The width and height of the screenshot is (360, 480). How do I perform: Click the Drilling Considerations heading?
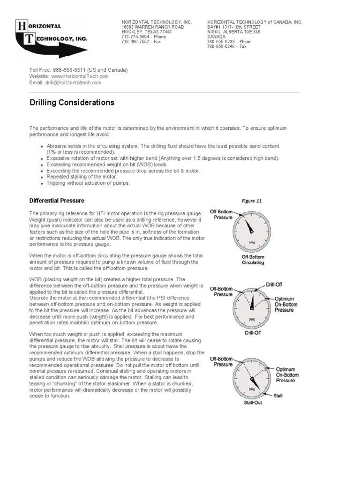pos(72,102)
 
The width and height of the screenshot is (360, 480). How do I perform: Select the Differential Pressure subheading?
pos(57,201)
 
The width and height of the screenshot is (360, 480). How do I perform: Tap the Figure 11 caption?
pos(252,201)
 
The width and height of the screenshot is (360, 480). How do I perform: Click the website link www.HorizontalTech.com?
pos(80,76)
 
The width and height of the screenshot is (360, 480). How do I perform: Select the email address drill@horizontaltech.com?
pos(73,82)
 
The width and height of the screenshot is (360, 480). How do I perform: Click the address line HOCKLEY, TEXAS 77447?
pos(147,32)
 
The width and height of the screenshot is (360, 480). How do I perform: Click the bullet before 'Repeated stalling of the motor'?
pos(42,177)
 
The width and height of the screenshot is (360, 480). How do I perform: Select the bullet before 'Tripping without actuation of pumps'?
pos(42,183)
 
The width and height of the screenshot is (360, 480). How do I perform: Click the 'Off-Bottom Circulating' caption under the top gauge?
pos(253,260)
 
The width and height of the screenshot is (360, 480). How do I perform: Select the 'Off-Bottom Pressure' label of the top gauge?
pos(223,215)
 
